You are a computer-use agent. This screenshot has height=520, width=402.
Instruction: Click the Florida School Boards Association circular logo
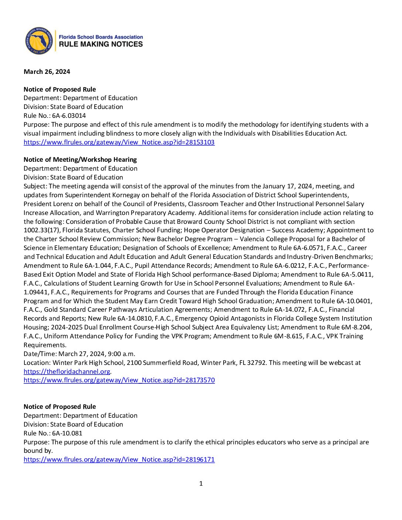(39, 41)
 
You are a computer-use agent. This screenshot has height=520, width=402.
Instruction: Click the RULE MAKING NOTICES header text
(101, 44)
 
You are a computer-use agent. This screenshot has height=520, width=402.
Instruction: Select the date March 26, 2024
(47, 72)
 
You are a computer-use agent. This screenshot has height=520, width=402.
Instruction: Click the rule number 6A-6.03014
(69, 116)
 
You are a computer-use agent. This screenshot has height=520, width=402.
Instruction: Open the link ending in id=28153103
(119, 142)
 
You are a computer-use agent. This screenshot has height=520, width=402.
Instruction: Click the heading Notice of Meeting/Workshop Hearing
(80, 160)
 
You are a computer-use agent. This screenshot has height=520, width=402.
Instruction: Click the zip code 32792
(256, 363)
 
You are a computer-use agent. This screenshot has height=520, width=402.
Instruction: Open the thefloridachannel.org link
(67, 372)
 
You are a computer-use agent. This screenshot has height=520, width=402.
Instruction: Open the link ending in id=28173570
(119, 380)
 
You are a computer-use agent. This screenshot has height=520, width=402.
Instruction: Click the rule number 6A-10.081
(67, 433)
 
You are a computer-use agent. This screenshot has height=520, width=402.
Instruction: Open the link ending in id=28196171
(119, 459)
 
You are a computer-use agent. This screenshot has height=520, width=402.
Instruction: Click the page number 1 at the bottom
(201, 483)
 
